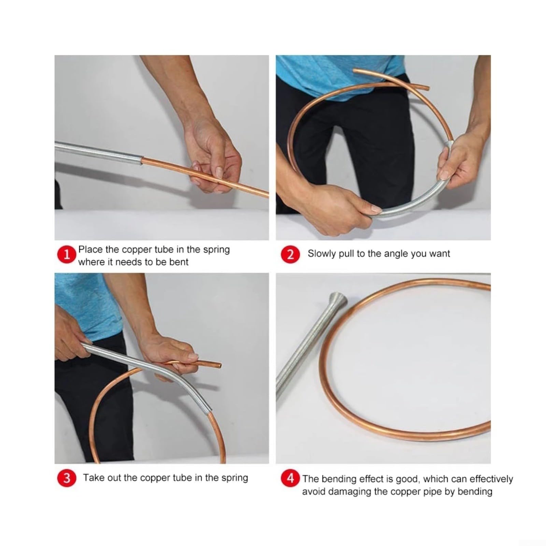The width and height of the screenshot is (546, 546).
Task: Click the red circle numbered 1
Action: tap(67, 255)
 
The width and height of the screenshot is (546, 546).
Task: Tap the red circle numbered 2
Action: tap(290, 254)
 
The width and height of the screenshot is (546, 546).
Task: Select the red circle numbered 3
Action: tap(67, 478)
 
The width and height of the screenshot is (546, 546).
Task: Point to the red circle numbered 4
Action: tap(290, 478)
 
